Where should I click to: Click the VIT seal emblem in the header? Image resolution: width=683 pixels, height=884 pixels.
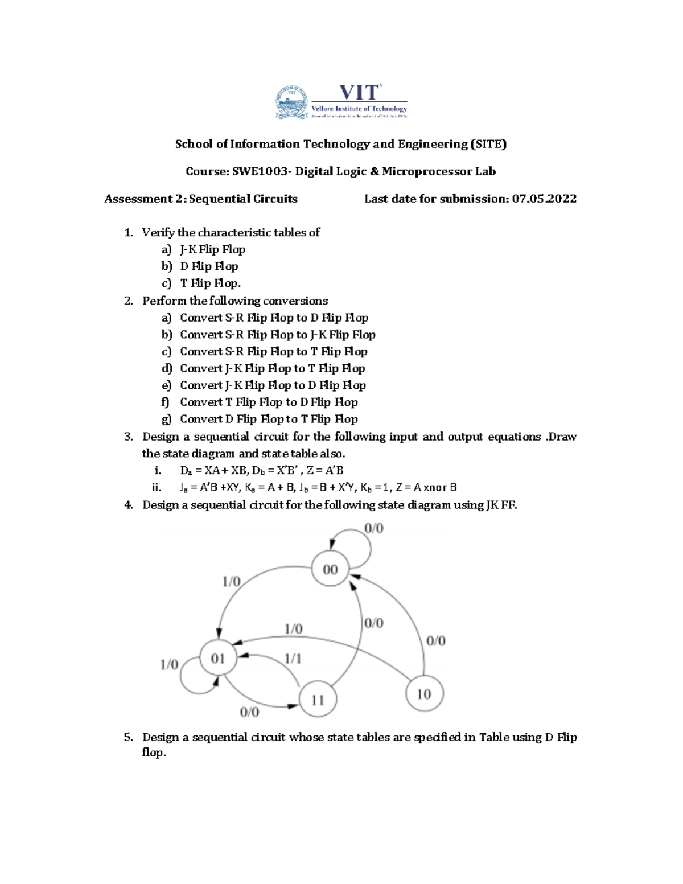point(291,102)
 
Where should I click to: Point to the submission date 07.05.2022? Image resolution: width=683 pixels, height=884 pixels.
point(544,199)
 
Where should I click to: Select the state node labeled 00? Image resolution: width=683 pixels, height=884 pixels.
point(330,569)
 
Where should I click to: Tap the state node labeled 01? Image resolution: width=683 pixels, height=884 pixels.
point(218,658)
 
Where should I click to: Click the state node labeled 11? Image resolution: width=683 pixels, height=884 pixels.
point(318,700)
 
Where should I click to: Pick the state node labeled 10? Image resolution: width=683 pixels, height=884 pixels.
point(424,694)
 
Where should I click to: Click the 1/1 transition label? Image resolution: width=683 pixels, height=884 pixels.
point(293,659)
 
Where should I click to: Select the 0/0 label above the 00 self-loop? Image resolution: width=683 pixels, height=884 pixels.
point(373,528)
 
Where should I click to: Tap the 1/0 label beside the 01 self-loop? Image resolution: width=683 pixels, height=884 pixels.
point(169,664)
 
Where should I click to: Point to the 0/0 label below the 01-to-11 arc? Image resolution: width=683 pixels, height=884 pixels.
point(249,712)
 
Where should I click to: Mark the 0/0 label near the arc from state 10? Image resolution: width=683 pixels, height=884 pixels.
point(436,641)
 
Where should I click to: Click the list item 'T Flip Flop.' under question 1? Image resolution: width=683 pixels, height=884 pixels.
point(210,283)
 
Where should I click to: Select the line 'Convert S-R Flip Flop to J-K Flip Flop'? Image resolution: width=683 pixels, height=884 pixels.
point(277,335)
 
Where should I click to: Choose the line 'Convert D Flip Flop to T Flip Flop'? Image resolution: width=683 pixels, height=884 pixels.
point(269,419)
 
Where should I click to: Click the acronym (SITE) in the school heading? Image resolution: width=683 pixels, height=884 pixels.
point(488,144)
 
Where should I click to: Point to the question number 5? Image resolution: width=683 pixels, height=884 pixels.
point(129,737)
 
